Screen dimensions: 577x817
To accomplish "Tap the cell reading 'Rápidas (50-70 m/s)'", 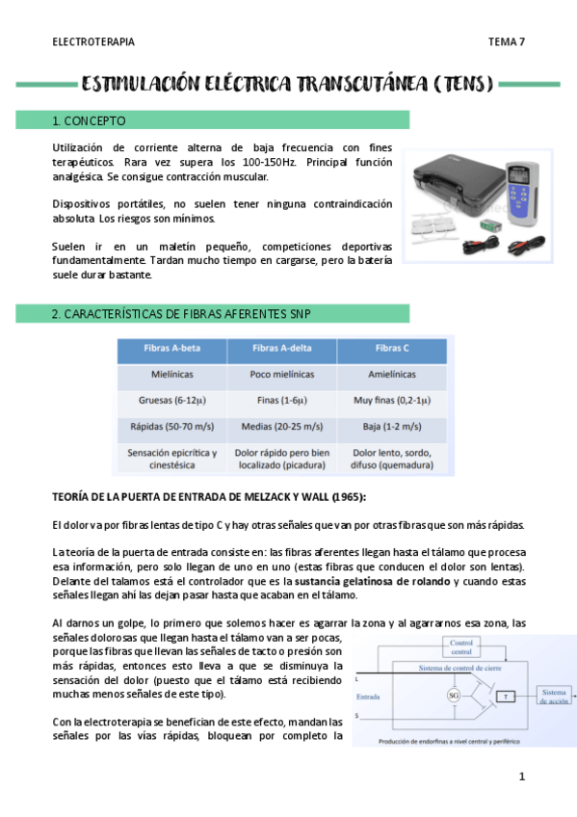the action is point(171,426).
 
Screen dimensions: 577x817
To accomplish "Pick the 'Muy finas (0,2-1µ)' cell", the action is point(391,400).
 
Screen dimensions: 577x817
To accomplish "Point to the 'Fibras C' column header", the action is point(391,348).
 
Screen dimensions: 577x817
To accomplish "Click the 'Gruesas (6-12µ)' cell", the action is point(171,400).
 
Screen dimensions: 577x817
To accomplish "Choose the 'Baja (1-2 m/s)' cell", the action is point(391,426).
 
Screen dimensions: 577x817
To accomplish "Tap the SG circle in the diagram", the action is point(453,696).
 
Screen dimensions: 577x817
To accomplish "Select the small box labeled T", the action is point(507,696).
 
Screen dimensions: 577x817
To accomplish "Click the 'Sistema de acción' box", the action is point(555,696).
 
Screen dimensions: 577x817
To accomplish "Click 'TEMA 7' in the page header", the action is point(506,41).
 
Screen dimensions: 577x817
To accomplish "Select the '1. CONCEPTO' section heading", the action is point(89,121).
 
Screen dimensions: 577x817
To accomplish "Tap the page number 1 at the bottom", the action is point(521,776).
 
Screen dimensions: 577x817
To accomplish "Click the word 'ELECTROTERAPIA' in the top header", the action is point(92,41).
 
